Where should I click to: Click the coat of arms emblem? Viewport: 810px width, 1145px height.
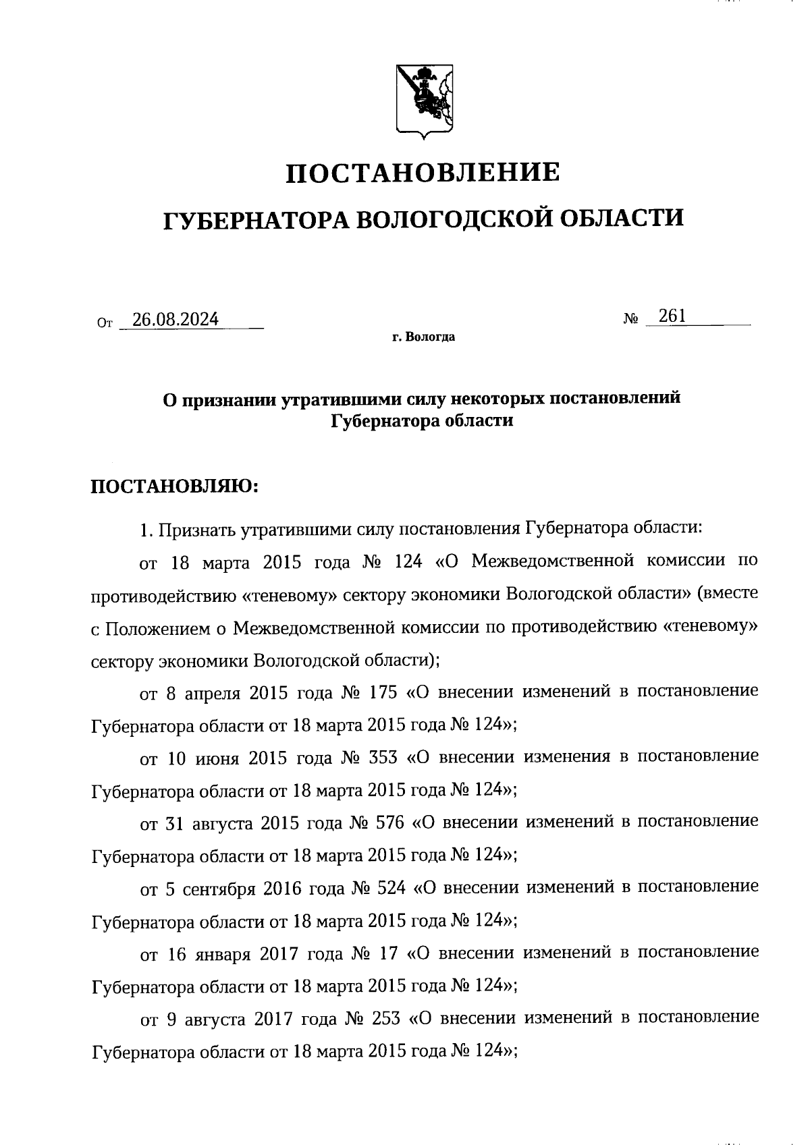point(424,100)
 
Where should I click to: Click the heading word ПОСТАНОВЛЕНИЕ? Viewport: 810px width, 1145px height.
point(423,173)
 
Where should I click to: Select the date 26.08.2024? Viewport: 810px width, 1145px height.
point(175,319)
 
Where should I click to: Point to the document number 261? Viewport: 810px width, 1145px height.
point(672,316)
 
